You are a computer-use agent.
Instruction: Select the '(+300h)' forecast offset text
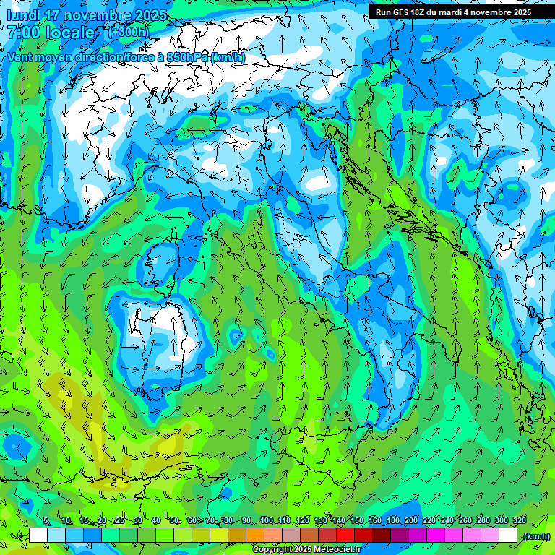coord(129,32)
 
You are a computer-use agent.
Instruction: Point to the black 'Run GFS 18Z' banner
coord(452,12)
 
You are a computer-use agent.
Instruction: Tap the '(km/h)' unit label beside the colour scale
coord(535,536)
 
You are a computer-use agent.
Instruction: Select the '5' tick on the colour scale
coord(46,521)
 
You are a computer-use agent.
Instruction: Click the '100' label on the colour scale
coord(267,521)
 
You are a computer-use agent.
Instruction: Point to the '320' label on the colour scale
coord(519,521)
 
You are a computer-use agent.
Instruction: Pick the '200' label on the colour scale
coord(411,521)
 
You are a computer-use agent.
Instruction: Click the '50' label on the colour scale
coord(175,521)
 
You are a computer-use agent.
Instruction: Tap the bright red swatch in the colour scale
coord(345,535)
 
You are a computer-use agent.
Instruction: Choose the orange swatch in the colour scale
coord(255,535)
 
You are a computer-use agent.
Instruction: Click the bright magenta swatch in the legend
coord(436,535)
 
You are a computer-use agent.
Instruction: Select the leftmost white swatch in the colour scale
coord(38,535)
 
